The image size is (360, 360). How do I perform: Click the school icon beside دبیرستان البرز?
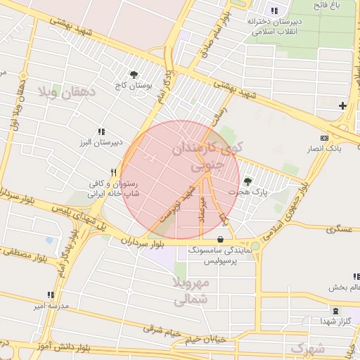click(x=101, y=131)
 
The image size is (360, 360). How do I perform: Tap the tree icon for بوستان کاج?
click(x=134, y=74)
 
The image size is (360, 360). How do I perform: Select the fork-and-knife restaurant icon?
click(x=113, y=172)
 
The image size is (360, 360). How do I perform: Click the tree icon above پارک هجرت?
click(x=247, y=181)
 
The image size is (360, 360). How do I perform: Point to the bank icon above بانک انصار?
click(x=323, y=138)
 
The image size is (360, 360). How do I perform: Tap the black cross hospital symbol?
click(x=342, y=106)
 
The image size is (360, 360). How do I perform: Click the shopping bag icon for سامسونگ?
click(x=221, y=240)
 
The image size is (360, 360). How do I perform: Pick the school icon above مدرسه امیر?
click(x=50, y=295)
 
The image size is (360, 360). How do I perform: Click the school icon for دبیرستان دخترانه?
click(x=274, y=11)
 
